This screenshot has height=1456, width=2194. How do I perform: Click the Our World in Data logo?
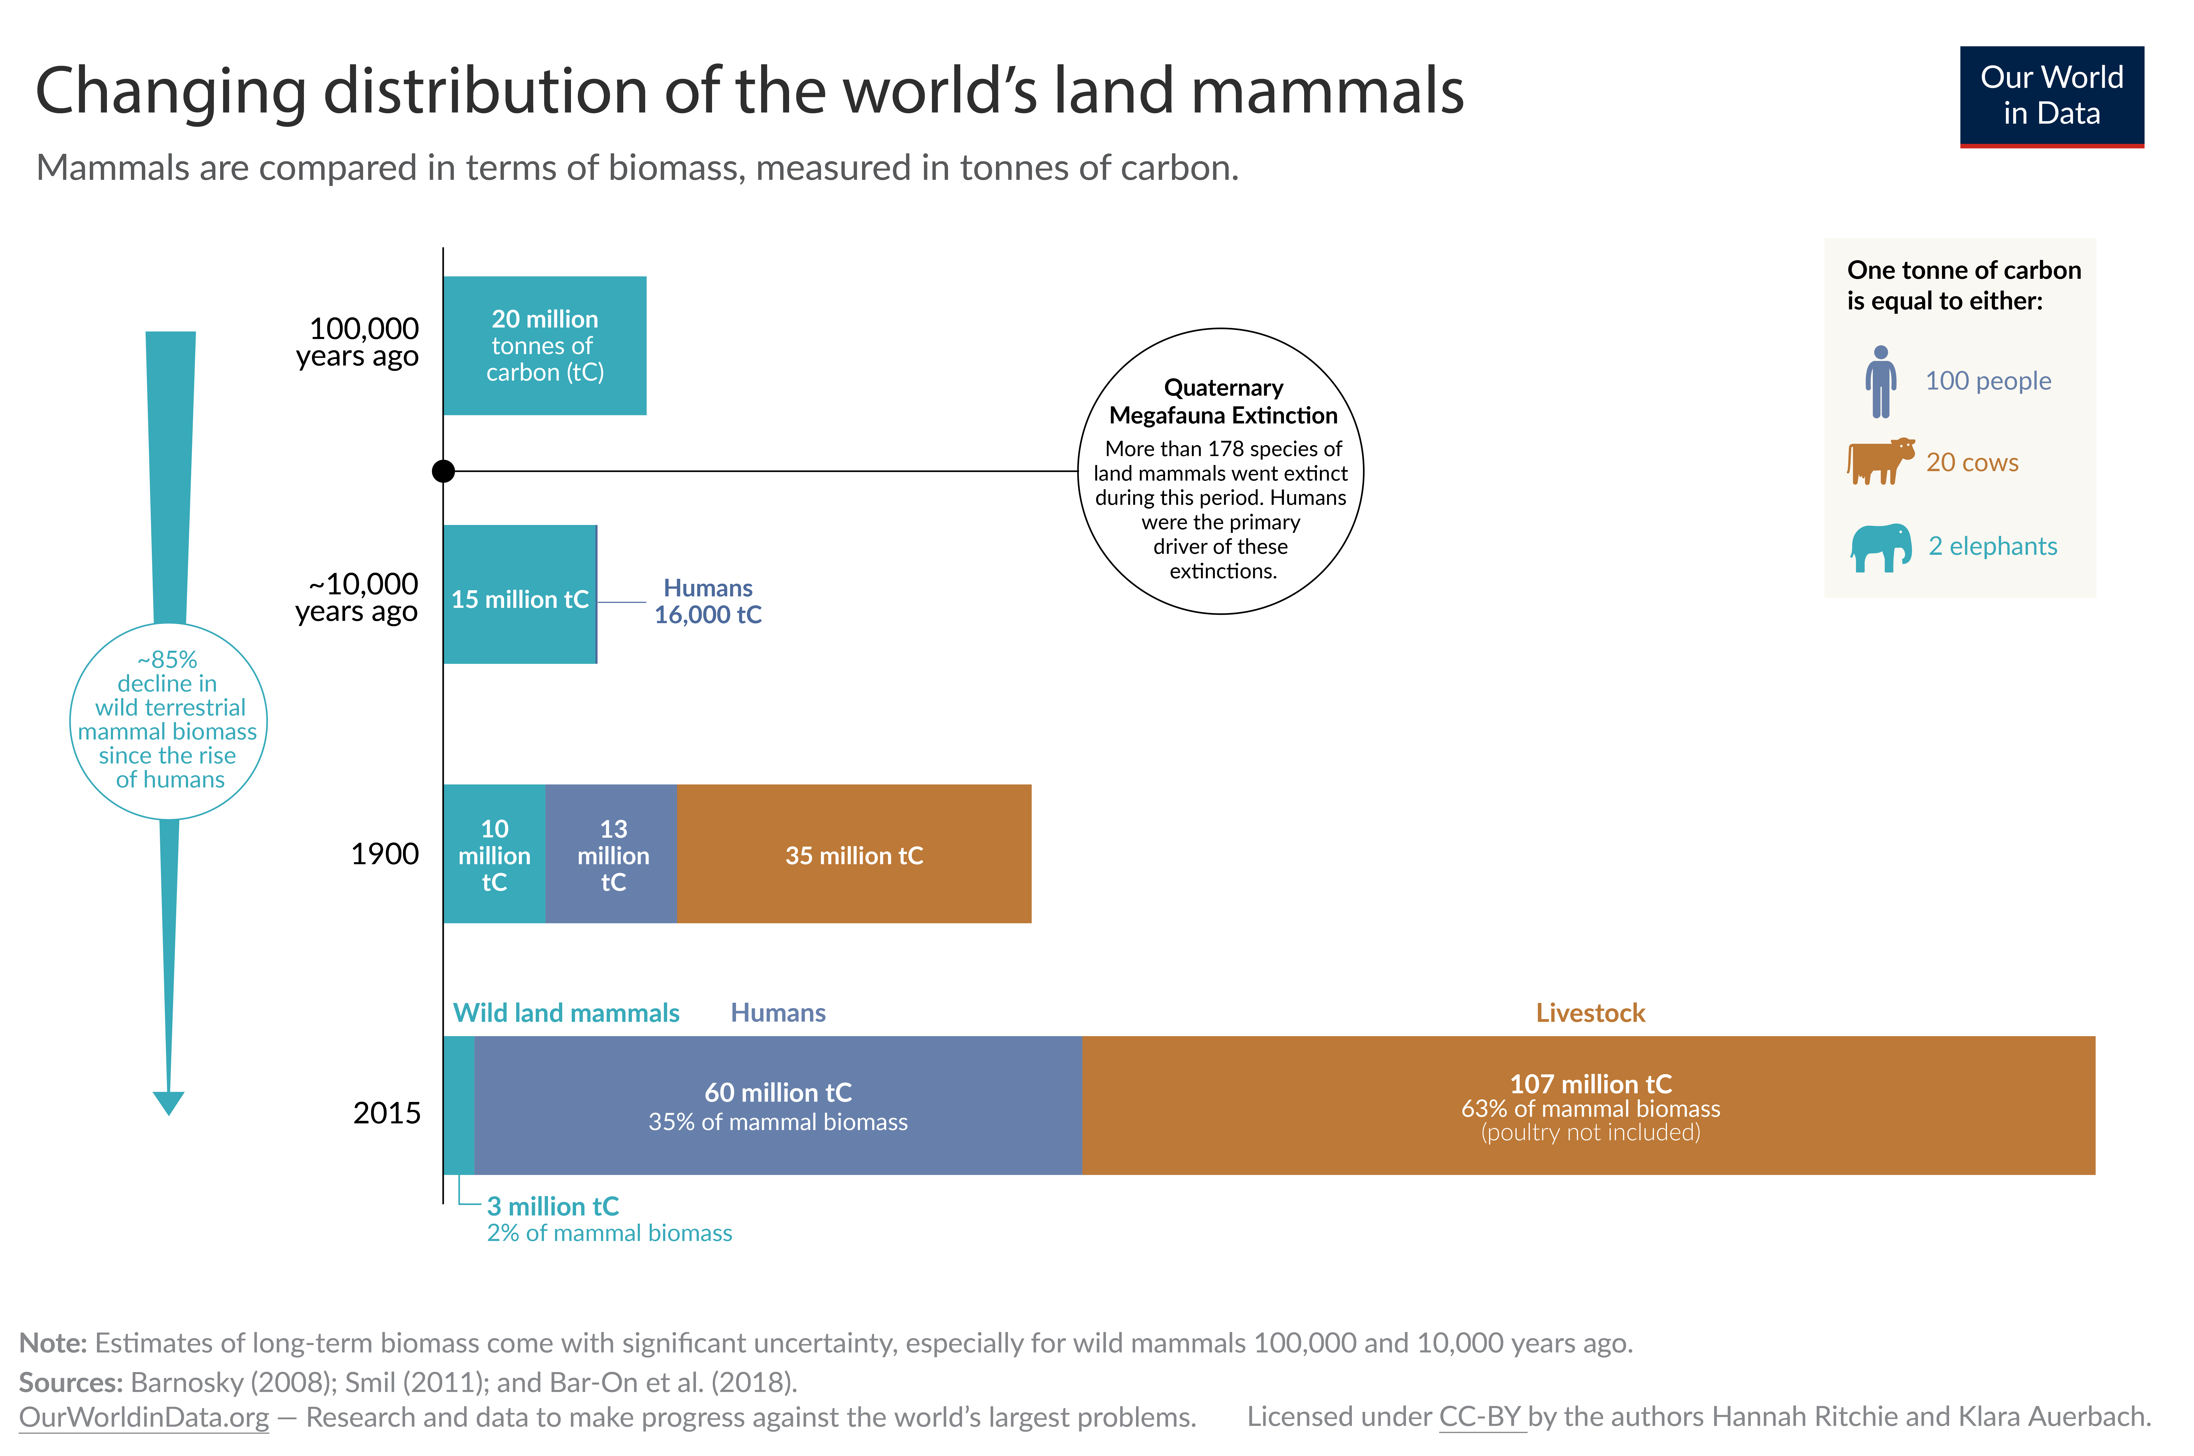point(2051,96)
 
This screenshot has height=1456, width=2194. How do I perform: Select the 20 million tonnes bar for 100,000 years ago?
point(544,345)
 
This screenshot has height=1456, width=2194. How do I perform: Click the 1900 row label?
point(384,853)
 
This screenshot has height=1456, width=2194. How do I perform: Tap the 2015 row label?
point(386,1112)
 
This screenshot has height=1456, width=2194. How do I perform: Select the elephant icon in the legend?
point(1880,547)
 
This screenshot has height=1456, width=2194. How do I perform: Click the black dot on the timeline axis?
point(444,471)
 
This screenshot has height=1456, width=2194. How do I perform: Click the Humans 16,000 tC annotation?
point(707,601)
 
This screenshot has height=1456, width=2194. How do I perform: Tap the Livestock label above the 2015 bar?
point(1590,1012)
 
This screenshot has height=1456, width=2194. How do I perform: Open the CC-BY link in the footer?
point(1481,1417)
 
